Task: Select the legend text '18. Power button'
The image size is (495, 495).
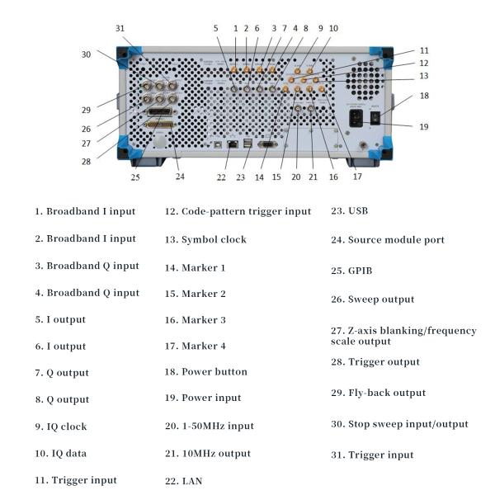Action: [x=214, y=371]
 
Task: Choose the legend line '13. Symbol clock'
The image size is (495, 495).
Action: [x=214, y=239]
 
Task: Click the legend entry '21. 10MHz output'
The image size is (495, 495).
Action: [x=216, y=453]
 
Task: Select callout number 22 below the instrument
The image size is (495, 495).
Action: [x=222, y=176]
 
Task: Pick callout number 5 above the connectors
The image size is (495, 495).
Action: [x=216, y=28]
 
